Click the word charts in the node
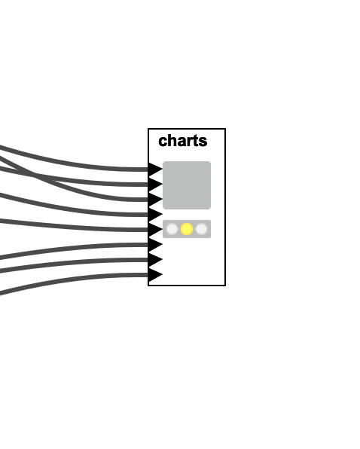[x=182, y=141]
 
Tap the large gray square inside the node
[x=187, y=185]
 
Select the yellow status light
[x=187, y=229]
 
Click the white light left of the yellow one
[x=172, y=229]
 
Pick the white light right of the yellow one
[x=201, y=229]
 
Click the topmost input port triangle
[x=155, y=170]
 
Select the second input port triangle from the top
[x=155, y=184]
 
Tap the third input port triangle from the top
[x=155, y=200]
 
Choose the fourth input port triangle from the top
[x=155, y=214]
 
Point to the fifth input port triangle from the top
[x=155, y=229]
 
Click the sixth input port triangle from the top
[x=155, y=245]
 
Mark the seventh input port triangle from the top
[x=155, y=259]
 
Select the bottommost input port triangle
[x=155, y=275]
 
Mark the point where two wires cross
[x=35, y=176]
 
